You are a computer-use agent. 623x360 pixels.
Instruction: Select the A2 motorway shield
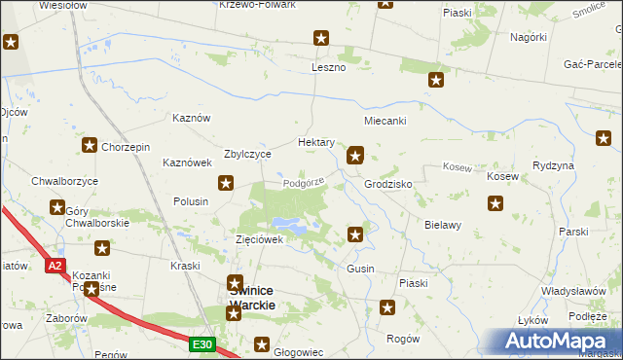[55, 265]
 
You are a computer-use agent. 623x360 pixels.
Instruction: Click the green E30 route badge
[202, 344]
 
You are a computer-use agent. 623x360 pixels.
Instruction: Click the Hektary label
[316, 142]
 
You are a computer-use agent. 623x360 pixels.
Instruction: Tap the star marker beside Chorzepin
[89, 146]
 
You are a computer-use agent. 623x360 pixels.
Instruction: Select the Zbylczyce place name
[247, 154]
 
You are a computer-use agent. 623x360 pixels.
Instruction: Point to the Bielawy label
[442, 224]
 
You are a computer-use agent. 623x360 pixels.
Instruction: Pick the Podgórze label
[303, 181]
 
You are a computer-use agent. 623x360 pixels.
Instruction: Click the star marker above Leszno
[321, 39]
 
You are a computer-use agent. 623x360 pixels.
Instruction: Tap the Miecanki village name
[385, 121]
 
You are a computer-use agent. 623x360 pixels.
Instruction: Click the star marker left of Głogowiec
[262, 342]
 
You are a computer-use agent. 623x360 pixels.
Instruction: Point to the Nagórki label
[528, 37]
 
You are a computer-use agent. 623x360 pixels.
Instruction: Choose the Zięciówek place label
[259, 238]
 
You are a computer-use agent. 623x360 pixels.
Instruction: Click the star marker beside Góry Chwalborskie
[57, 206]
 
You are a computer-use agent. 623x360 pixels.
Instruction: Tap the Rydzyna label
[554, 165]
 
